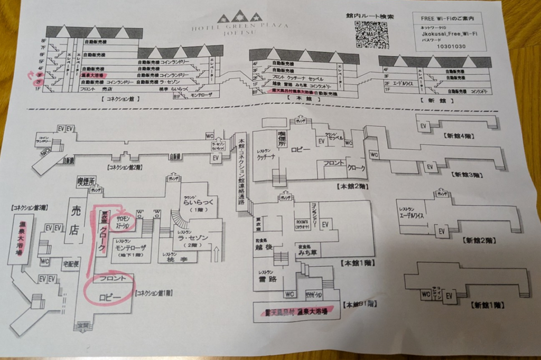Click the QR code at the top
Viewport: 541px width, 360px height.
(x=371, y=35)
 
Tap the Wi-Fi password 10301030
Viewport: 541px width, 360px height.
(x=451, y=46)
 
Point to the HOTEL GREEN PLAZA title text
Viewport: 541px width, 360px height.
(x=240, y=27)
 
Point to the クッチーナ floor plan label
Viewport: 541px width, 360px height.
(x=267, y=157)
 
